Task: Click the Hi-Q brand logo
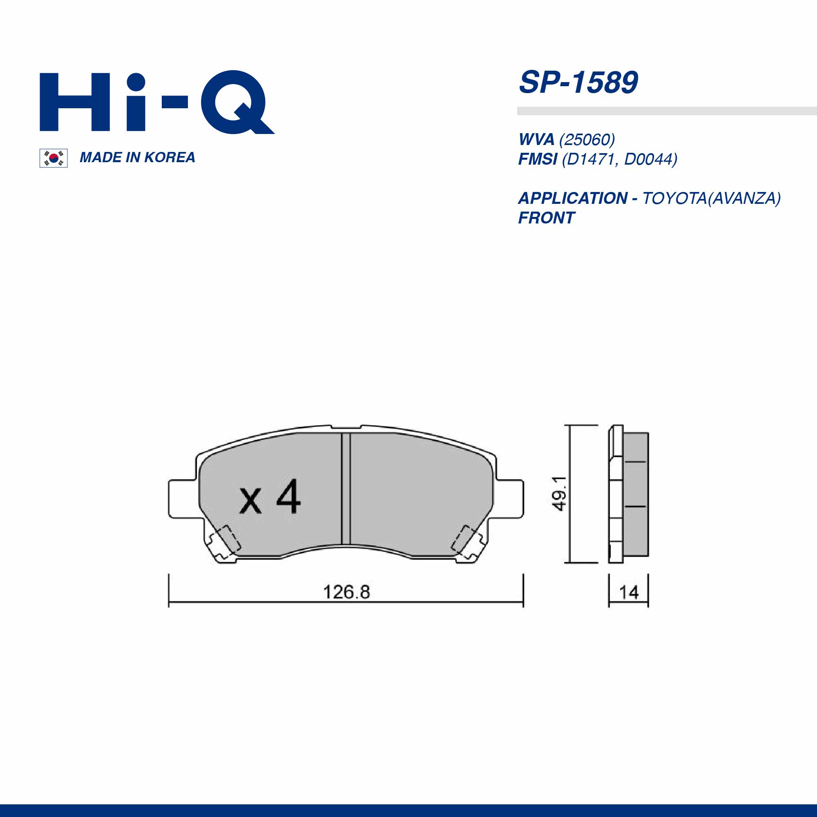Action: [x=156, y=103]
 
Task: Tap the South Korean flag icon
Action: [x=53, y=158]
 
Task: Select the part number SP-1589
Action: [x=578, y=83]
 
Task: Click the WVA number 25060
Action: [x=587, y=140]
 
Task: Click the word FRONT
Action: [x=546, y=218]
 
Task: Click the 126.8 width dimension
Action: [x=346, y=592]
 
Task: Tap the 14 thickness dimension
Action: [x=629, y=592]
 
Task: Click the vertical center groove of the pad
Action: [x=346, y=489]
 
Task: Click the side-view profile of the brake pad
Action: [x=628, y=493]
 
